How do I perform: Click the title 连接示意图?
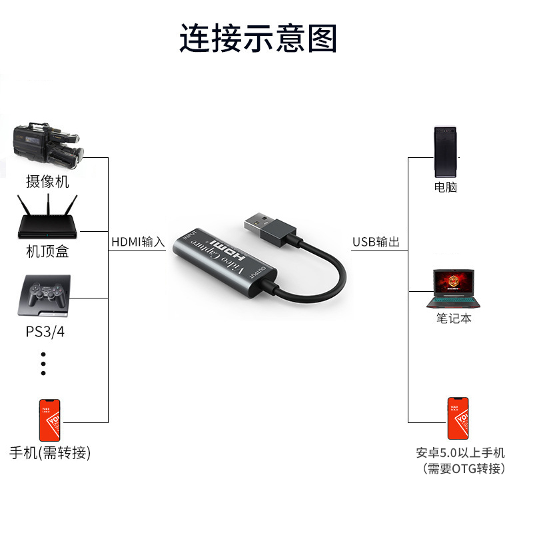(259, 38)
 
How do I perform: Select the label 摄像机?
(47, 181)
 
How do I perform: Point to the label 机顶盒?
(47, 252)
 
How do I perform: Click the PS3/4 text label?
(45, 332)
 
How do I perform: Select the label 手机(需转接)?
(50, 453)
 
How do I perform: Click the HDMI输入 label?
(138, 242)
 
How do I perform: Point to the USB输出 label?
(376, 242)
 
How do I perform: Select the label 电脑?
(446, 187)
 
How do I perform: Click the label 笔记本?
(454, 318)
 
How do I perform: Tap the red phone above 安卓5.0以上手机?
(458, 418)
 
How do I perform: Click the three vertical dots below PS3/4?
(43, 363)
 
